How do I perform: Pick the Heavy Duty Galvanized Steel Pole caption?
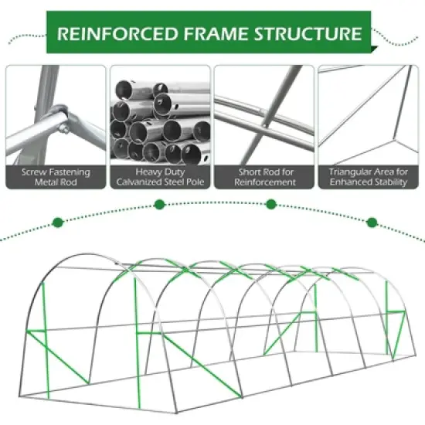click(160, 176)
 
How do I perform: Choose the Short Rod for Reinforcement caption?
click(263, 176)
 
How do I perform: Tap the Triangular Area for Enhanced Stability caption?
click(368, 176)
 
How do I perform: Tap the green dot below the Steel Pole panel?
click(159, 205)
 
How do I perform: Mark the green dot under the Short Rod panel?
click(271, 205)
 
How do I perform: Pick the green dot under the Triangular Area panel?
click(372, 223)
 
